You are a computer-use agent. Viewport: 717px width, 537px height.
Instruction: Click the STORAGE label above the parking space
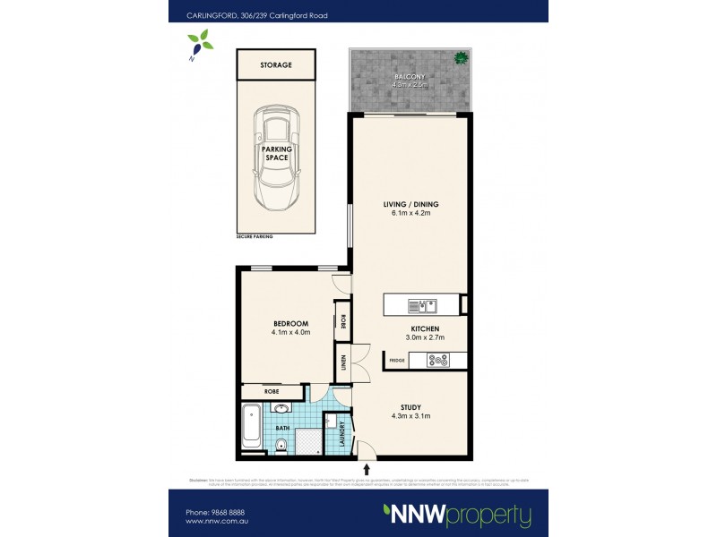pos(275,65)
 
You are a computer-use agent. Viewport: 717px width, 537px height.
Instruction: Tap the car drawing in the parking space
pos(275,157)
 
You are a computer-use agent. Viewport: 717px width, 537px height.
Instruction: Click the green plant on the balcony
pos(461,59)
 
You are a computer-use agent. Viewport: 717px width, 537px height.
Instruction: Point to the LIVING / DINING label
pos(409,204)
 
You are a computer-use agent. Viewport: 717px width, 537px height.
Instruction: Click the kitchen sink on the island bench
pos(420,306)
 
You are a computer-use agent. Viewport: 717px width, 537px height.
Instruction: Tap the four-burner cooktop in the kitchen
pos(438,361)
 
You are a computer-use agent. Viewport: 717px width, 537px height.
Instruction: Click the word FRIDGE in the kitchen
pos(397,361)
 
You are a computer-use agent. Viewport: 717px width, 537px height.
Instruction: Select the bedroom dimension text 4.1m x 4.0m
pos(290,333)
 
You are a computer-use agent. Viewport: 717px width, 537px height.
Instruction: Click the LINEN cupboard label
pos(343,363)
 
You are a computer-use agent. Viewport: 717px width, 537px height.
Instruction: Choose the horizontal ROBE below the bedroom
pos(272,392)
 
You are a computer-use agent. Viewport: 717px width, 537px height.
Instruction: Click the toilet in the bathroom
pos(282,445)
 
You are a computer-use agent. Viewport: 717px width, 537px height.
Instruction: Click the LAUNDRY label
pos(341,435)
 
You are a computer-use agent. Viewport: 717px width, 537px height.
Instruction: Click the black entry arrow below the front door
pos(366,467)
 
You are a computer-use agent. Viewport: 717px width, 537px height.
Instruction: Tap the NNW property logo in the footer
pos(457,515)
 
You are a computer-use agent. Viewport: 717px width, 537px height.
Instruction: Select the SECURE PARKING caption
pos(255,236)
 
